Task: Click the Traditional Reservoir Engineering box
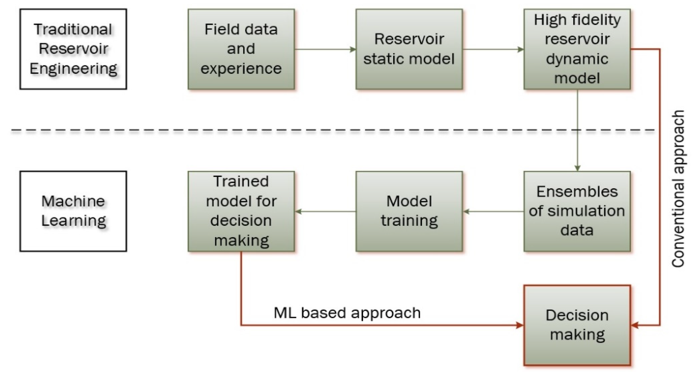(73, 49)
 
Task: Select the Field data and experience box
(241, 49)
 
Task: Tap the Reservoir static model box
(409, 49)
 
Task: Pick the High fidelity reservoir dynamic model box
(577, 49)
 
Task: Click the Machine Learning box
(73, 211)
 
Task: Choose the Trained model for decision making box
(241, 211)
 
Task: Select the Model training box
(409, 211)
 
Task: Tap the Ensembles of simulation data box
(577, 211)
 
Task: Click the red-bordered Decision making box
(577, 325)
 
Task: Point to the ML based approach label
(347, 313)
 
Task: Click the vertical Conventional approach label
(678, 189)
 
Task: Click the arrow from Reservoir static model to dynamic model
(493, 49)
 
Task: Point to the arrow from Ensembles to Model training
(493, 211)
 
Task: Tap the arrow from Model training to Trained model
(325, 211)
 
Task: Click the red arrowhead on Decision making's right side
(635, 326)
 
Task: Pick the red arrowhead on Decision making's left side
(519, 325)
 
